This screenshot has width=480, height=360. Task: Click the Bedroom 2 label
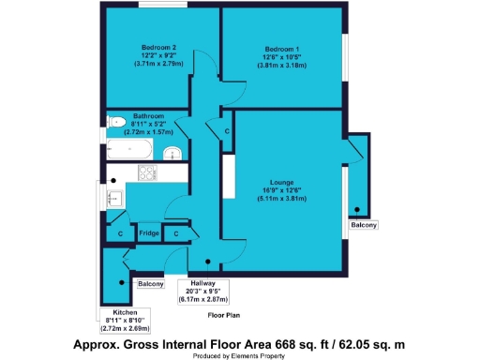point(160,47)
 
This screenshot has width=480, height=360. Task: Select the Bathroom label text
point(150,115)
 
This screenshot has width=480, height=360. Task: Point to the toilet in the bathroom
point(116,122)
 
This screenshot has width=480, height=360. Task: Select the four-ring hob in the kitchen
point(148,173)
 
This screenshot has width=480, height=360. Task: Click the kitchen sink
point(115,197)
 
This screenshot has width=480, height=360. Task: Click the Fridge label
point(148,232)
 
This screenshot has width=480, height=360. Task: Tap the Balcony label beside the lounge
point(364,225)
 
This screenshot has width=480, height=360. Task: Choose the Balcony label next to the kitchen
point(150,283)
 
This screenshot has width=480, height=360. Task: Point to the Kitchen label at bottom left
point(126,311)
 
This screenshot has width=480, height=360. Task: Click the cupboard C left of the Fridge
point(121,232)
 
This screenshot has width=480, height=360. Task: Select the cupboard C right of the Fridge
point(176,232)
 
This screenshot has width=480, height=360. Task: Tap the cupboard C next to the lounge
point(228,131)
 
